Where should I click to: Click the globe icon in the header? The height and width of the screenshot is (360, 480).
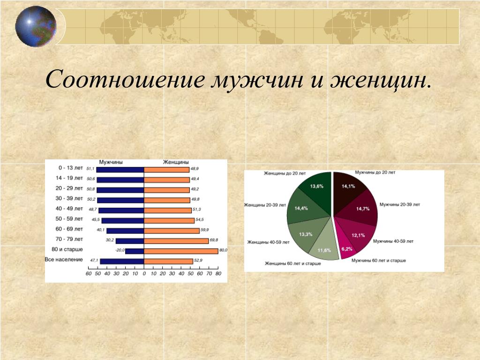click(36, 26)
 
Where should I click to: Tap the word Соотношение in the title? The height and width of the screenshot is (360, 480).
click(125, 79)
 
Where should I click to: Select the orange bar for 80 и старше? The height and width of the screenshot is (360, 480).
click(181, 251)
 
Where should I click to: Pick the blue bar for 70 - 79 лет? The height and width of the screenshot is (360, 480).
click(130, 241)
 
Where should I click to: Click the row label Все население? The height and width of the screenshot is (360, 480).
click(64, 260)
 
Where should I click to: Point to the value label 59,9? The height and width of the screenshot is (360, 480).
click(205, 230)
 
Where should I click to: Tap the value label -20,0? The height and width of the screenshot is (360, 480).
click(120, 250)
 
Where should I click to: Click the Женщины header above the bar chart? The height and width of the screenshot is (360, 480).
click(176, 162)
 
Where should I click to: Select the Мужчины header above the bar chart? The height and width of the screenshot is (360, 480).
click(111, 162)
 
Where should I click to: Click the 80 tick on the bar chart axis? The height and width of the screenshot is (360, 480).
click(218, 274)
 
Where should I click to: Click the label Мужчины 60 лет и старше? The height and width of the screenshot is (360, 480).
click(379, 261)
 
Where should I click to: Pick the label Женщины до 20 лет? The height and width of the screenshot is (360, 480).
click(285, 173)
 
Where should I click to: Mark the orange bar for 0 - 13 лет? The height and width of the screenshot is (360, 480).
click(167, 170)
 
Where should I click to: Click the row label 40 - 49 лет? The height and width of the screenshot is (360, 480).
click(69, 209)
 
